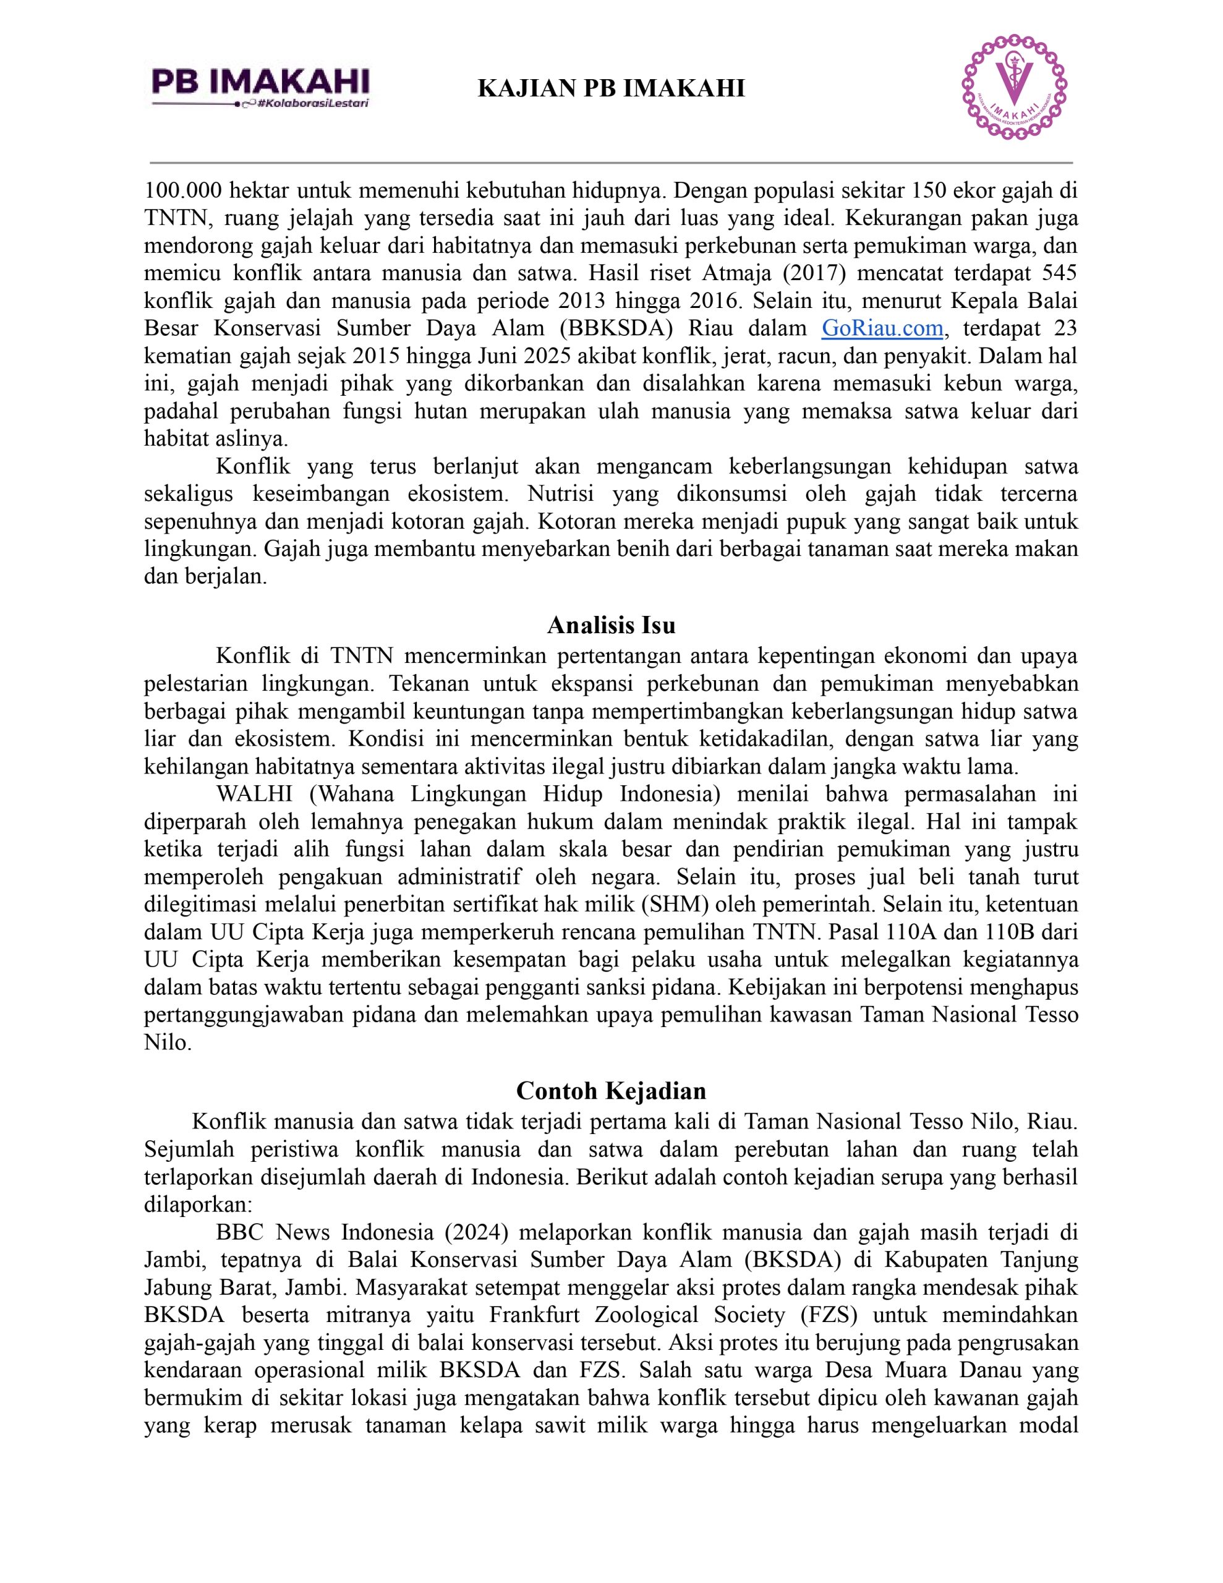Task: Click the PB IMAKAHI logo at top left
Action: pos(260,81)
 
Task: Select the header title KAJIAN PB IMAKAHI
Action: pos(611,88)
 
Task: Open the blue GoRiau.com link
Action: pos(882,328)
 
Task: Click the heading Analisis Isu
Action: pos(611,625)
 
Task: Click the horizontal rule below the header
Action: pos(611,163)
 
